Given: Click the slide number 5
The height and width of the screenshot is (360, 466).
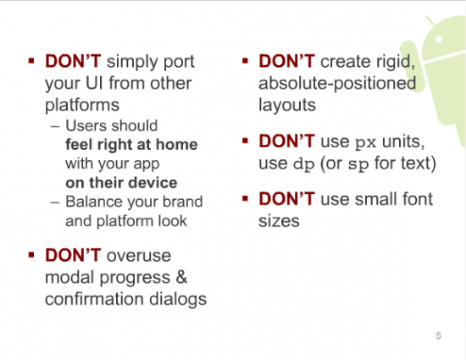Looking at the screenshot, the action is (x=438, y=335).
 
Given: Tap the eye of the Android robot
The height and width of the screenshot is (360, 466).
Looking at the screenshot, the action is (x=438, y=39).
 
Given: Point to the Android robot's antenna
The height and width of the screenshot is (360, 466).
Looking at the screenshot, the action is (x=430, y=21).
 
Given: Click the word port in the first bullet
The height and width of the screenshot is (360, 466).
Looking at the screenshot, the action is (x=180, y=63).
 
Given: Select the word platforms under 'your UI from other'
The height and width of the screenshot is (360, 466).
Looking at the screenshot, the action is (x=82, y=106).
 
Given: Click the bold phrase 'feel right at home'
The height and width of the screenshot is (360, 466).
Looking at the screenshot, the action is (x=131, y=145).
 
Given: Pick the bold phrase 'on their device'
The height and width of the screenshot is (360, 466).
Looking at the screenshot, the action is (x=121, y=183).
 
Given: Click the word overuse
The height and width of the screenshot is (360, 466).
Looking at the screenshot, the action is (x=139, y=256).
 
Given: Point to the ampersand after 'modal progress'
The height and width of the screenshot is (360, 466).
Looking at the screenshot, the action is (x=181, y=277).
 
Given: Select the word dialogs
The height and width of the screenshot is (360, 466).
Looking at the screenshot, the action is (x=178, y=299).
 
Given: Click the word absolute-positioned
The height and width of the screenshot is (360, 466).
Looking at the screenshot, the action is (x=337, y=84).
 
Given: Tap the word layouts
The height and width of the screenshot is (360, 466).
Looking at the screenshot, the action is (x=287, y=105).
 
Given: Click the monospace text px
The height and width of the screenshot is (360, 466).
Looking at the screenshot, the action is (x=366, y=143).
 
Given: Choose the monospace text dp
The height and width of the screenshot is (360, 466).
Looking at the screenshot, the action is (x=303, y=164).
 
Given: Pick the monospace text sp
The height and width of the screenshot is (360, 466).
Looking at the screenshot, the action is (x=358, y=165).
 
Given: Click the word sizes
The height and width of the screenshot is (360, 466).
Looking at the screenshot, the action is (x=279, y=221).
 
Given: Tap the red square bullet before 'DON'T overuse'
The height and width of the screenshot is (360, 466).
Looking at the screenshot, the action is (x=31, y=255).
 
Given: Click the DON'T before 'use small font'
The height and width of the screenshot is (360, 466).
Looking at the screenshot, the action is (x=286, y=199).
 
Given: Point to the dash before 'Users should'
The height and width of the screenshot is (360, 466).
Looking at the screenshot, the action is (x=55, y=126).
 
